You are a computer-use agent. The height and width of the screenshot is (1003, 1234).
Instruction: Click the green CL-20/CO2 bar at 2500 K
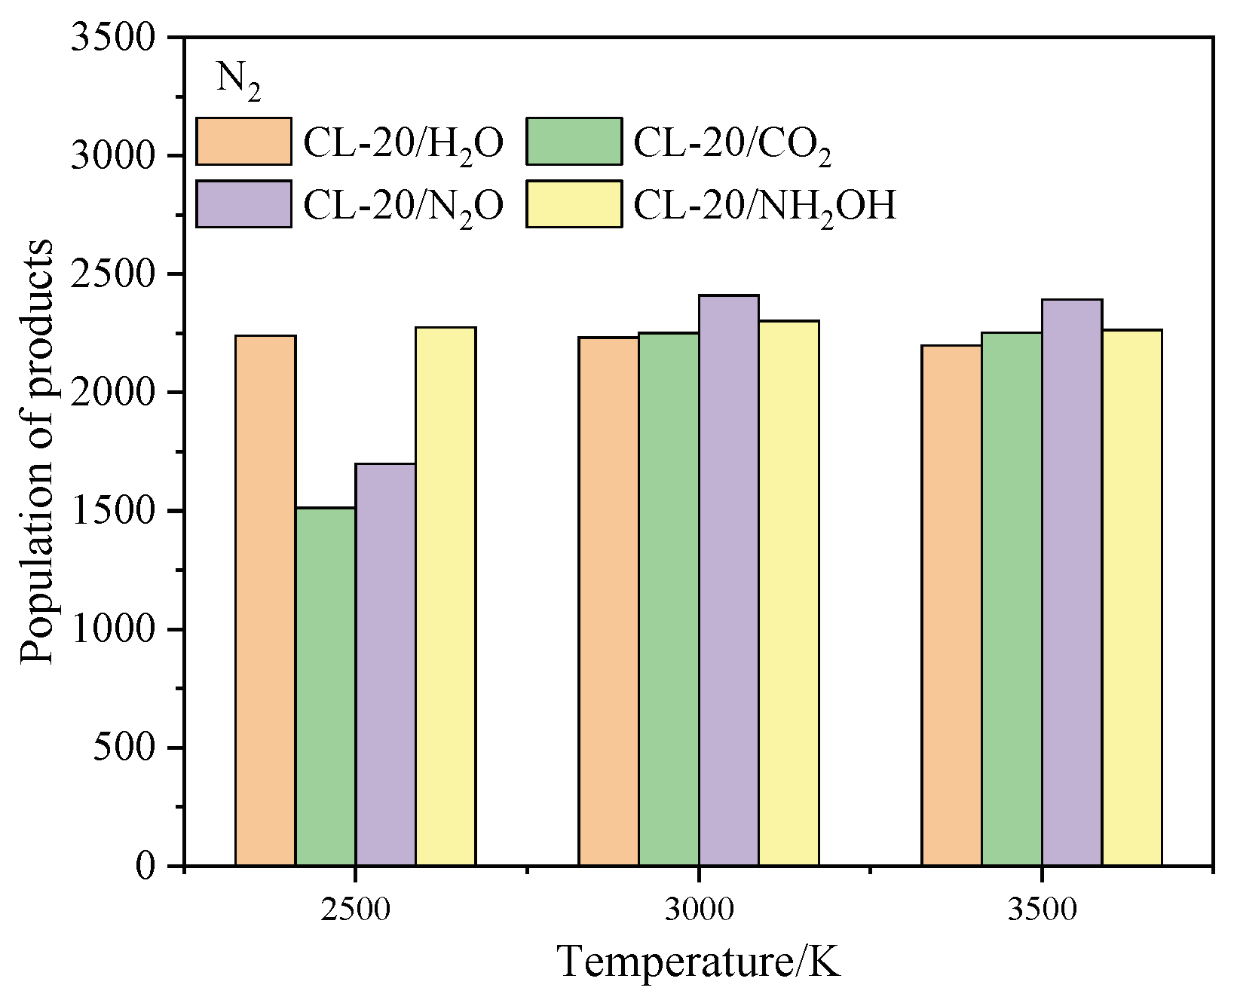pos(326,686)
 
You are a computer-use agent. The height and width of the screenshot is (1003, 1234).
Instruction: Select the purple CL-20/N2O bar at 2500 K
pos(386,663)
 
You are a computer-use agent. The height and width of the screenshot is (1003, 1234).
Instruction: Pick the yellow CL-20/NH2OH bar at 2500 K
pos(446,595)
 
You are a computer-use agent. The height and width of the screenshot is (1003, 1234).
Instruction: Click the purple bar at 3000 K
pos(729,580)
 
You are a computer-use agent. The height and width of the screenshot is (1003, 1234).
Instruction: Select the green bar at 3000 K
pos(669,599)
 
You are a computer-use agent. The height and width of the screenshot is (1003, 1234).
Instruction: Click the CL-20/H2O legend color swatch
pos(243,141)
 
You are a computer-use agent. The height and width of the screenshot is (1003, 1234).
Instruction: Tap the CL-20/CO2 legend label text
pos(732,143)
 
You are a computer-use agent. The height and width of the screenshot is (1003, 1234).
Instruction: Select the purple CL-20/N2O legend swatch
pos(243,203)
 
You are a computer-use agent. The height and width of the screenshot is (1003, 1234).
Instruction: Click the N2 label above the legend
pos(239,80)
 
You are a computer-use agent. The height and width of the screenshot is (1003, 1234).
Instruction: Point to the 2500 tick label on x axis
pos(355,909)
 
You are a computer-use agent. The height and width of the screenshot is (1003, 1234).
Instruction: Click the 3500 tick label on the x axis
pos(1043,909)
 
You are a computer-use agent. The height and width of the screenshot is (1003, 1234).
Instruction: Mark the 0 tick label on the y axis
pos(145,866)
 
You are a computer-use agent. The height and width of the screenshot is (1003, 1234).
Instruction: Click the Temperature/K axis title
pos(698,962)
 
